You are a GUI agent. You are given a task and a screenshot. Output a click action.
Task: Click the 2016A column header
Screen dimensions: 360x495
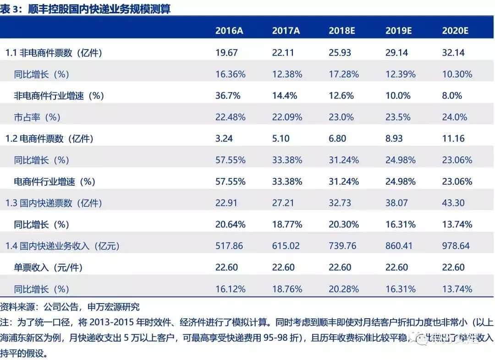229,31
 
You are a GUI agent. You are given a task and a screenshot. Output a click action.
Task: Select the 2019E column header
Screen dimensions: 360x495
399,31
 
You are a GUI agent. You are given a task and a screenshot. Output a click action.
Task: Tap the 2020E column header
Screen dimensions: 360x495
455,31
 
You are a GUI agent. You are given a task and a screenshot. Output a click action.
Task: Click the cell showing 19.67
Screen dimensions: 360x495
226,52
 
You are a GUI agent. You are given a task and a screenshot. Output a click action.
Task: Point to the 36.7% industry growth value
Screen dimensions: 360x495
228,95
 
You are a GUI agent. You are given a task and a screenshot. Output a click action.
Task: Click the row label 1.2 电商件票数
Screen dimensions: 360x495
49,138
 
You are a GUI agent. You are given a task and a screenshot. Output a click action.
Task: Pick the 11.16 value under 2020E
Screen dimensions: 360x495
453,138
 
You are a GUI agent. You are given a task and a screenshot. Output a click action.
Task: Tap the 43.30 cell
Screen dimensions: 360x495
453,203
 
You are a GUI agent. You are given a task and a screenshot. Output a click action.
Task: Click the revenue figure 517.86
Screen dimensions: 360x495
229,246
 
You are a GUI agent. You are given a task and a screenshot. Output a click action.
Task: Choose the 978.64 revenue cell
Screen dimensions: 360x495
456,246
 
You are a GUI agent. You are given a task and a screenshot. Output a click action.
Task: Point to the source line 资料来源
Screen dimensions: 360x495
18,307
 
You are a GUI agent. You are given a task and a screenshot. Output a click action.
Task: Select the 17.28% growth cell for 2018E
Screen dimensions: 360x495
343,74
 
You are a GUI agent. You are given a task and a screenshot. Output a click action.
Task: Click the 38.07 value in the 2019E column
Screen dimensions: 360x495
396,203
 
